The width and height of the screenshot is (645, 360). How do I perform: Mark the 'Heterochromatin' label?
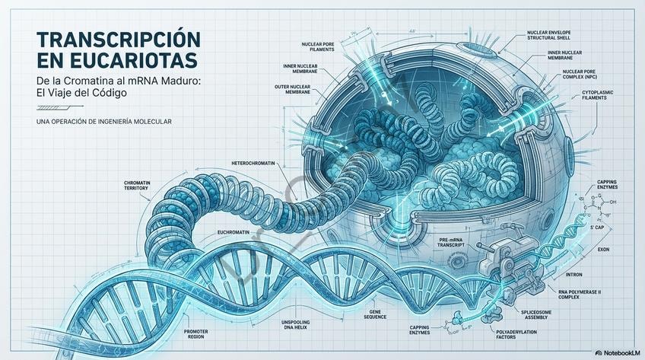[255, 163]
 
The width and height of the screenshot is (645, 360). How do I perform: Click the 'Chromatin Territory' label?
[141, 186]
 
